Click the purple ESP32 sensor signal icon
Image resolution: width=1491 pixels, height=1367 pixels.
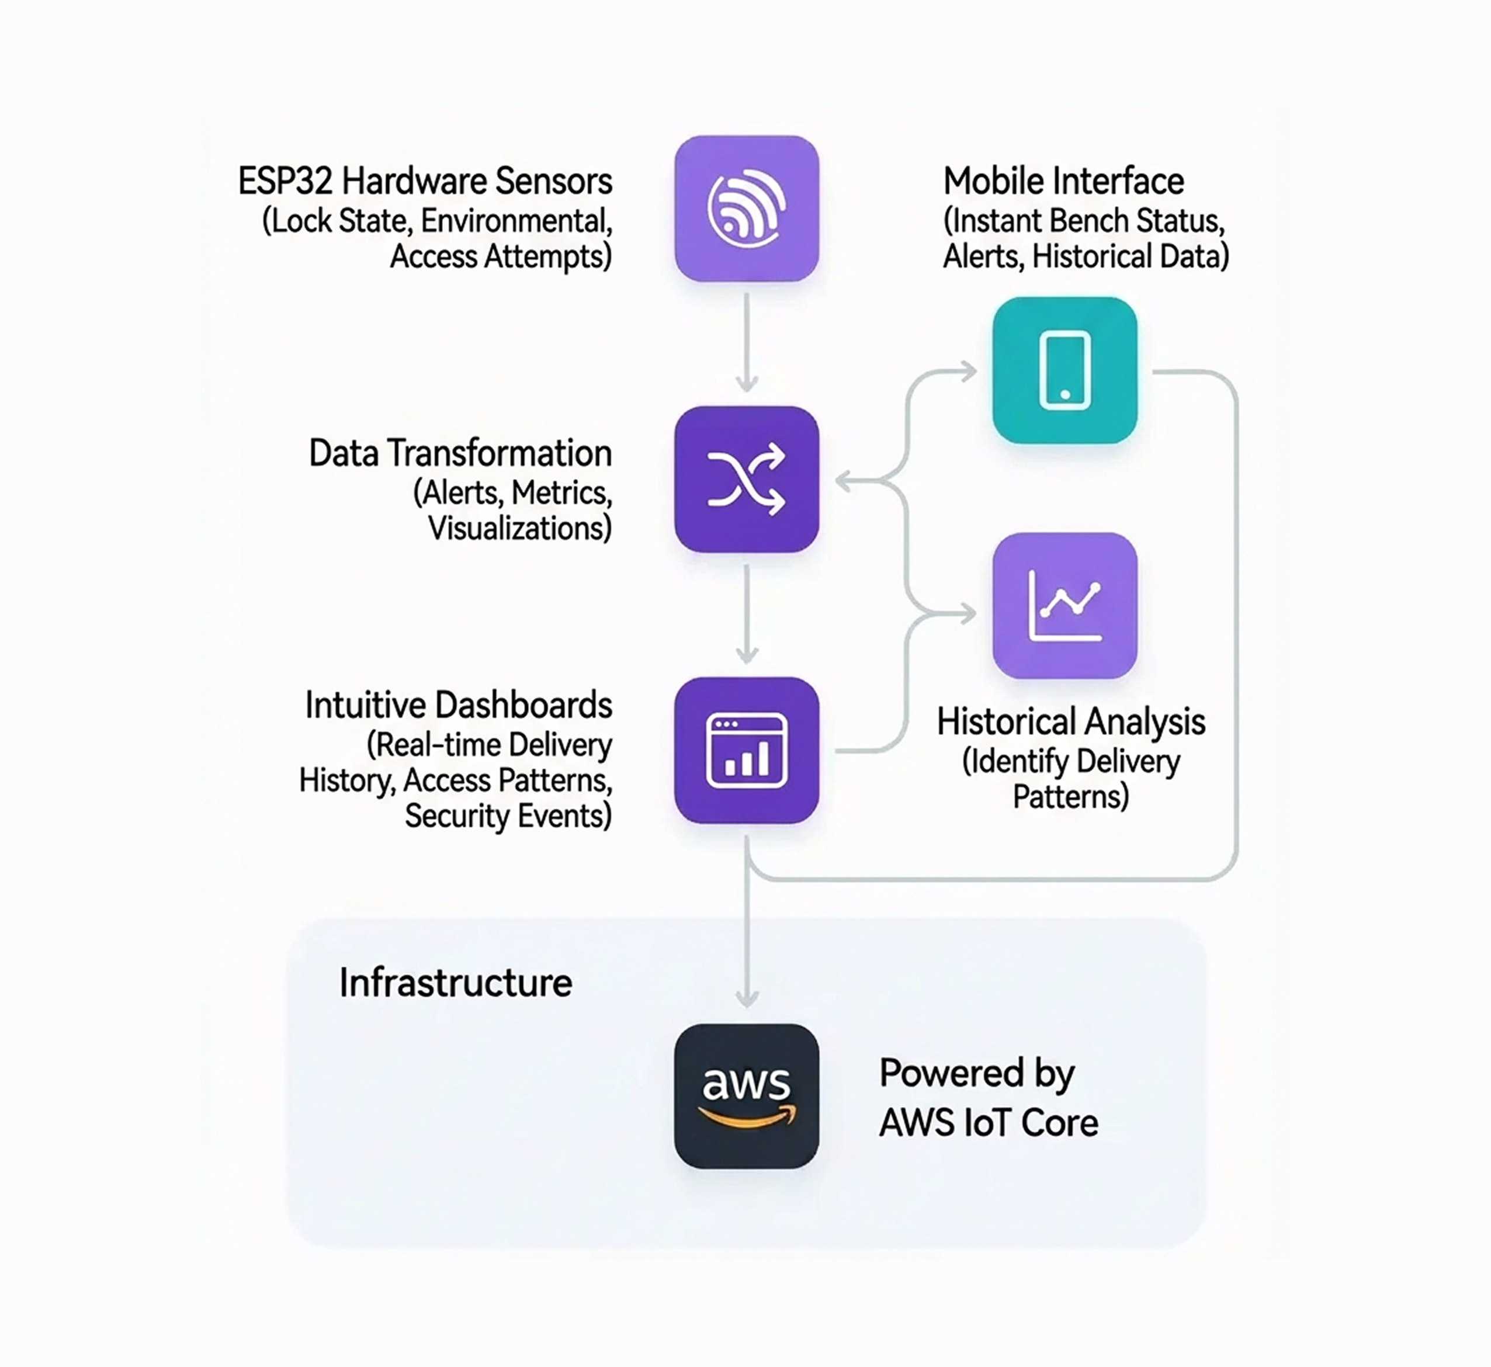(x=746, y=208)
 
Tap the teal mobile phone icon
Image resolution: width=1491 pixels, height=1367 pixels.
(x=1064, y=370)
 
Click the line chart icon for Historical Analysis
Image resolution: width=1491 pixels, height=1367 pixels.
(x=1064, y=605)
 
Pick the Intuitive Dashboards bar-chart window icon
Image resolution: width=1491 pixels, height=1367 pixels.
(x=746, y=750)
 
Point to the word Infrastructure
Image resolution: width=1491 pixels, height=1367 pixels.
(x=455, y=983)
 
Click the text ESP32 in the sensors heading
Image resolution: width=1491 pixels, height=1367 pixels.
(x=285, y=181)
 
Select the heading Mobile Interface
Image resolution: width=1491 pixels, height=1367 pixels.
(x=1063, y=181)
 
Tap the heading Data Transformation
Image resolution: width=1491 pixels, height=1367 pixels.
(x=459, y=453)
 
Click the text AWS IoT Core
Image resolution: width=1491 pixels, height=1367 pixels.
(x=988, y=1122)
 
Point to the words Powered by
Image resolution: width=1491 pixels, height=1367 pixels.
(x=976, y=1073)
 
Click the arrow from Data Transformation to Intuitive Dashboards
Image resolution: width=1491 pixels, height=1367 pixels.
(x=747, y=614)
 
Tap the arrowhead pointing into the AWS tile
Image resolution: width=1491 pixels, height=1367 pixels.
(x=747, y=998)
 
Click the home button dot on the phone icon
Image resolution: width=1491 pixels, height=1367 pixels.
(x=1064, y=394)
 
